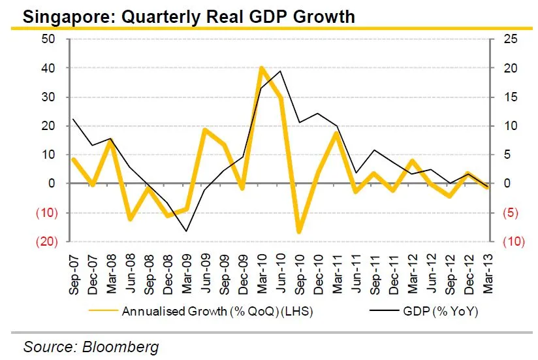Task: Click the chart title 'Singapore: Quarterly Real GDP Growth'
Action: [x=189, y=16]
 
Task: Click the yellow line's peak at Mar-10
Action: [x=261, y=68]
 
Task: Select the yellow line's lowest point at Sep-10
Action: [x=299, y=231]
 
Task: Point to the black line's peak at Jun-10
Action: [x=280, y=71]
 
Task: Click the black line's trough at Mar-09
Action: [x=186, y=231]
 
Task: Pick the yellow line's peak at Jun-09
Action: [x=205, y=130]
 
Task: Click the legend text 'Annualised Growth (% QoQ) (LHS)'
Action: [x=217, y=312]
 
